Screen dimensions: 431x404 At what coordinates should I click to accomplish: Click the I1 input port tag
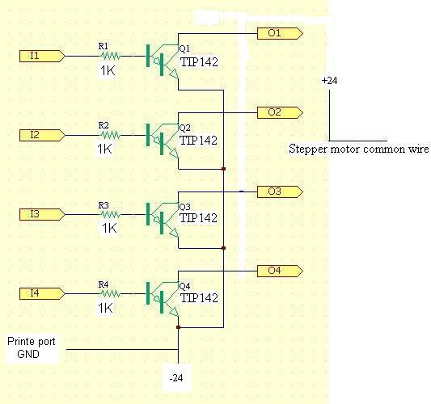(42, 56)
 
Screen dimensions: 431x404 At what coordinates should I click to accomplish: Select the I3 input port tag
(42, 214)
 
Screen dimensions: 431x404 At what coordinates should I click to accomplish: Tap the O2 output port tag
(280, 113)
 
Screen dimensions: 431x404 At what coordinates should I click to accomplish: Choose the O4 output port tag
(280, 271)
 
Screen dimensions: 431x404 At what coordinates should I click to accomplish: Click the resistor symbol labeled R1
(110, 56)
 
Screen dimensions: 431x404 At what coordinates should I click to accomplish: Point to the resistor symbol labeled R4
(110, 293)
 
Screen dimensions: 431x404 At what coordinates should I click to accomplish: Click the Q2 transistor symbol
(163, 141)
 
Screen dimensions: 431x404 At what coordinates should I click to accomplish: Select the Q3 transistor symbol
(163, 221)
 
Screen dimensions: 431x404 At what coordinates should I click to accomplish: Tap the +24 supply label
(329, 81)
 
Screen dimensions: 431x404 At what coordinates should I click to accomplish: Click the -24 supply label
(176, 378)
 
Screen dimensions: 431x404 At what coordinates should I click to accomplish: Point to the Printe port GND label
(31, 347)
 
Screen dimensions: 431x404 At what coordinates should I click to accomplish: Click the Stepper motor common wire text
(358, 149)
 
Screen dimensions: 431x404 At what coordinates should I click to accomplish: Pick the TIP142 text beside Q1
(199, 62)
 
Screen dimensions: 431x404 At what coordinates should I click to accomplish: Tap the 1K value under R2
(104, 149)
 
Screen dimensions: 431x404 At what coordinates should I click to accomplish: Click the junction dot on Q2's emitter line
(223, 169)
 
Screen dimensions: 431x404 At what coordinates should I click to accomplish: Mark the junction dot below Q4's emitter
(178, 327)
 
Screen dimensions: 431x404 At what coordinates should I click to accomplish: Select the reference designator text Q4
(184, 286)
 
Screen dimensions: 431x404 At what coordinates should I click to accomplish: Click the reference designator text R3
(104, 205)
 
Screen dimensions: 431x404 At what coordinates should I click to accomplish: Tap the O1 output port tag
(280, 33)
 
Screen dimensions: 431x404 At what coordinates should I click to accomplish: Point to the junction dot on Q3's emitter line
(223, 248)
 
